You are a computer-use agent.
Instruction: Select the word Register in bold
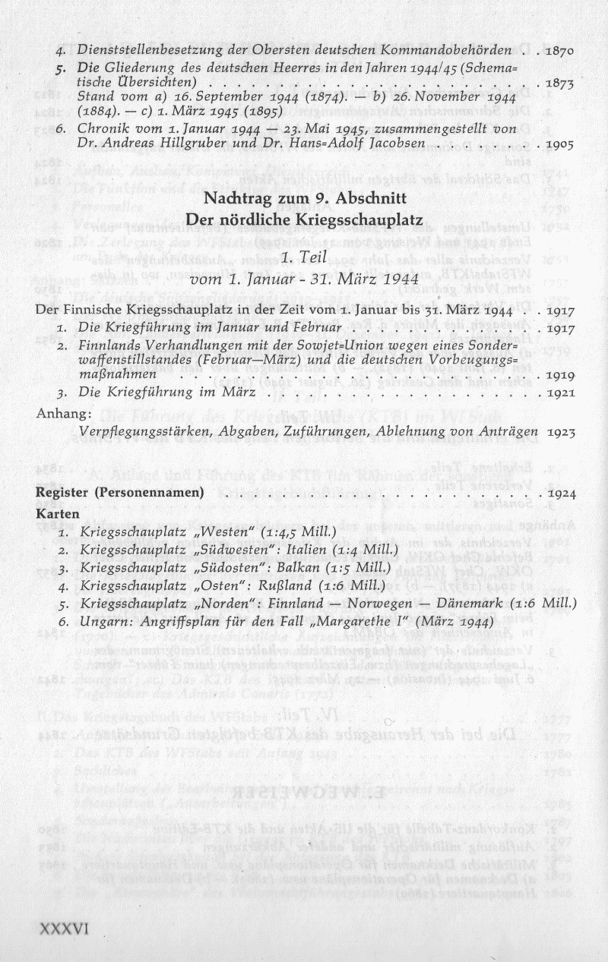click(x=63, y=493)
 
